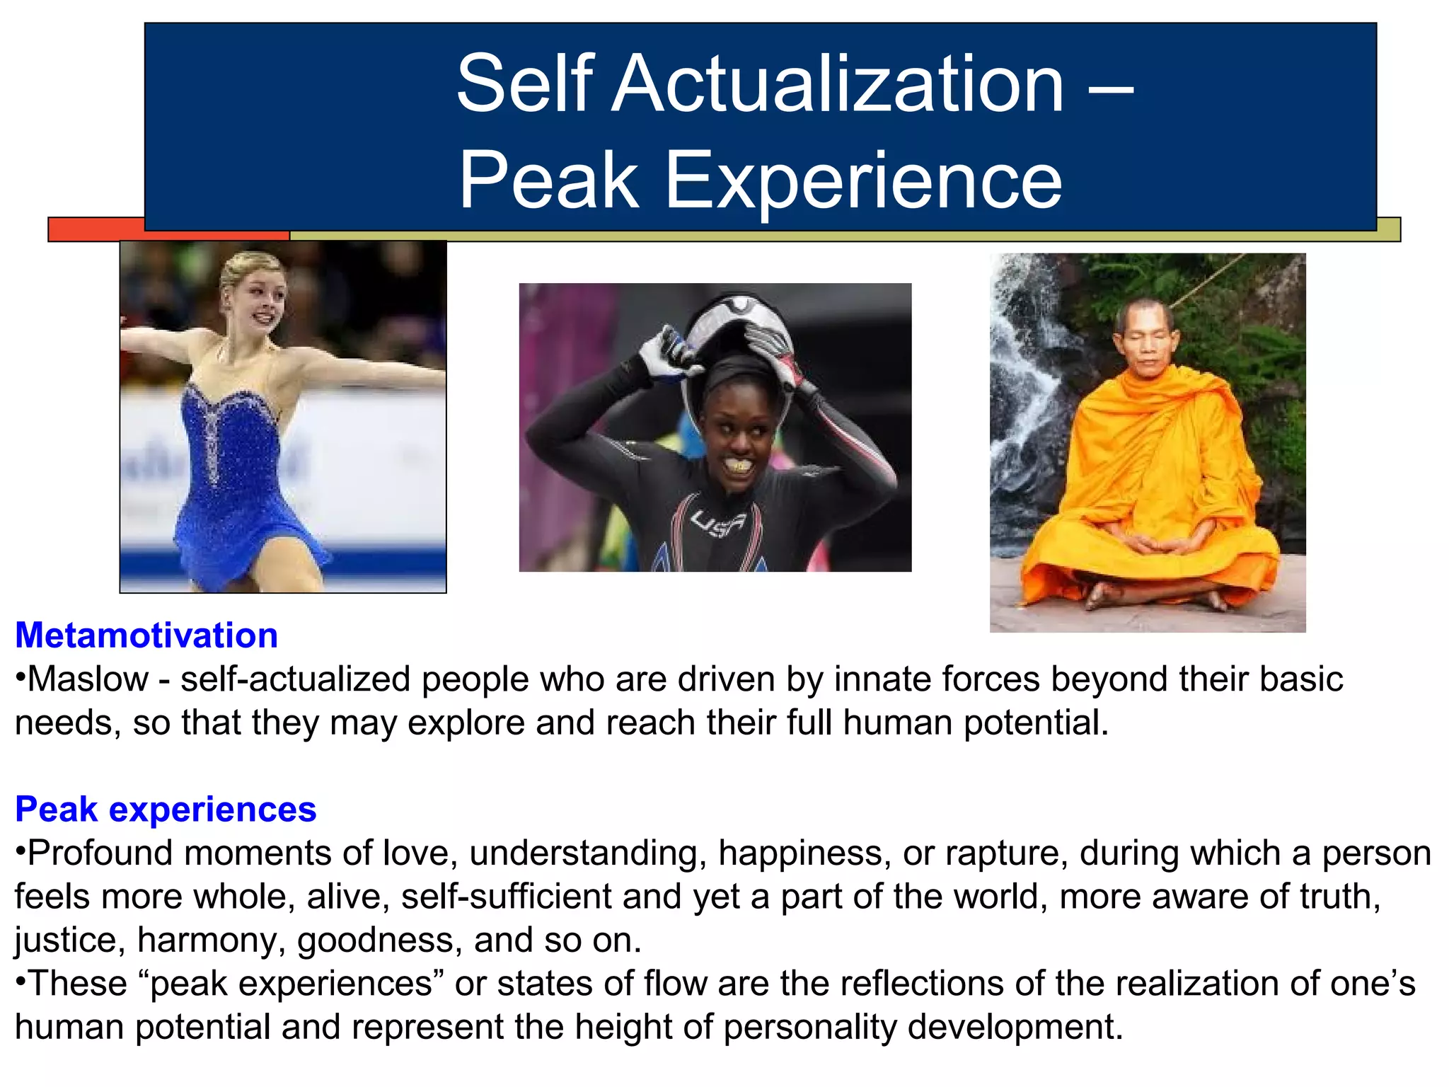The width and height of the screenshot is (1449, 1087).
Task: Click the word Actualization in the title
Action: [838, 85]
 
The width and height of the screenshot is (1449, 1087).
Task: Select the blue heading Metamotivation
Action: [146, 635]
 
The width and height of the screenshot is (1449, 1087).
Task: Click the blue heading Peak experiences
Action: [166, 809]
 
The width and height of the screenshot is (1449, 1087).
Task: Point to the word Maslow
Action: [88, 679]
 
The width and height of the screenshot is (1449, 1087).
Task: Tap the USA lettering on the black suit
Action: [717, 524]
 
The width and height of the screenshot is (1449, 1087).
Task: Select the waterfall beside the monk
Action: [1026, 396]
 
